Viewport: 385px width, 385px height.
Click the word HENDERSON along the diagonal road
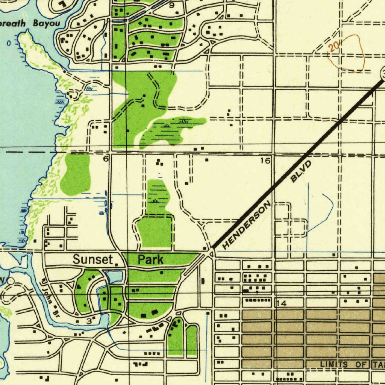pos(247,226)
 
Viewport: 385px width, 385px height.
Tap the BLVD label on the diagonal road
pos(302,171)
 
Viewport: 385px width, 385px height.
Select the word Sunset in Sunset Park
pos(92,259)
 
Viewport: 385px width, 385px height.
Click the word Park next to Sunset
pos(150,259)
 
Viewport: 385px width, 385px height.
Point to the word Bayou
pos(46,23)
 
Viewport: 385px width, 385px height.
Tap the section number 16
pos(265,161)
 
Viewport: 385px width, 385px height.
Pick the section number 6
pos(106,159)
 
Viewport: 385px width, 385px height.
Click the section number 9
pos(172,5)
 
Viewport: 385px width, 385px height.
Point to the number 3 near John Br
pos(89,321)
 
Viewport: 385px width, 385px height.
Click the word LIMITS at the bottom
pos(335,364)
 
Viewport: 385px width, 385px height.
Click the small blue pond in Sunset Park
pos(115,277)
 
